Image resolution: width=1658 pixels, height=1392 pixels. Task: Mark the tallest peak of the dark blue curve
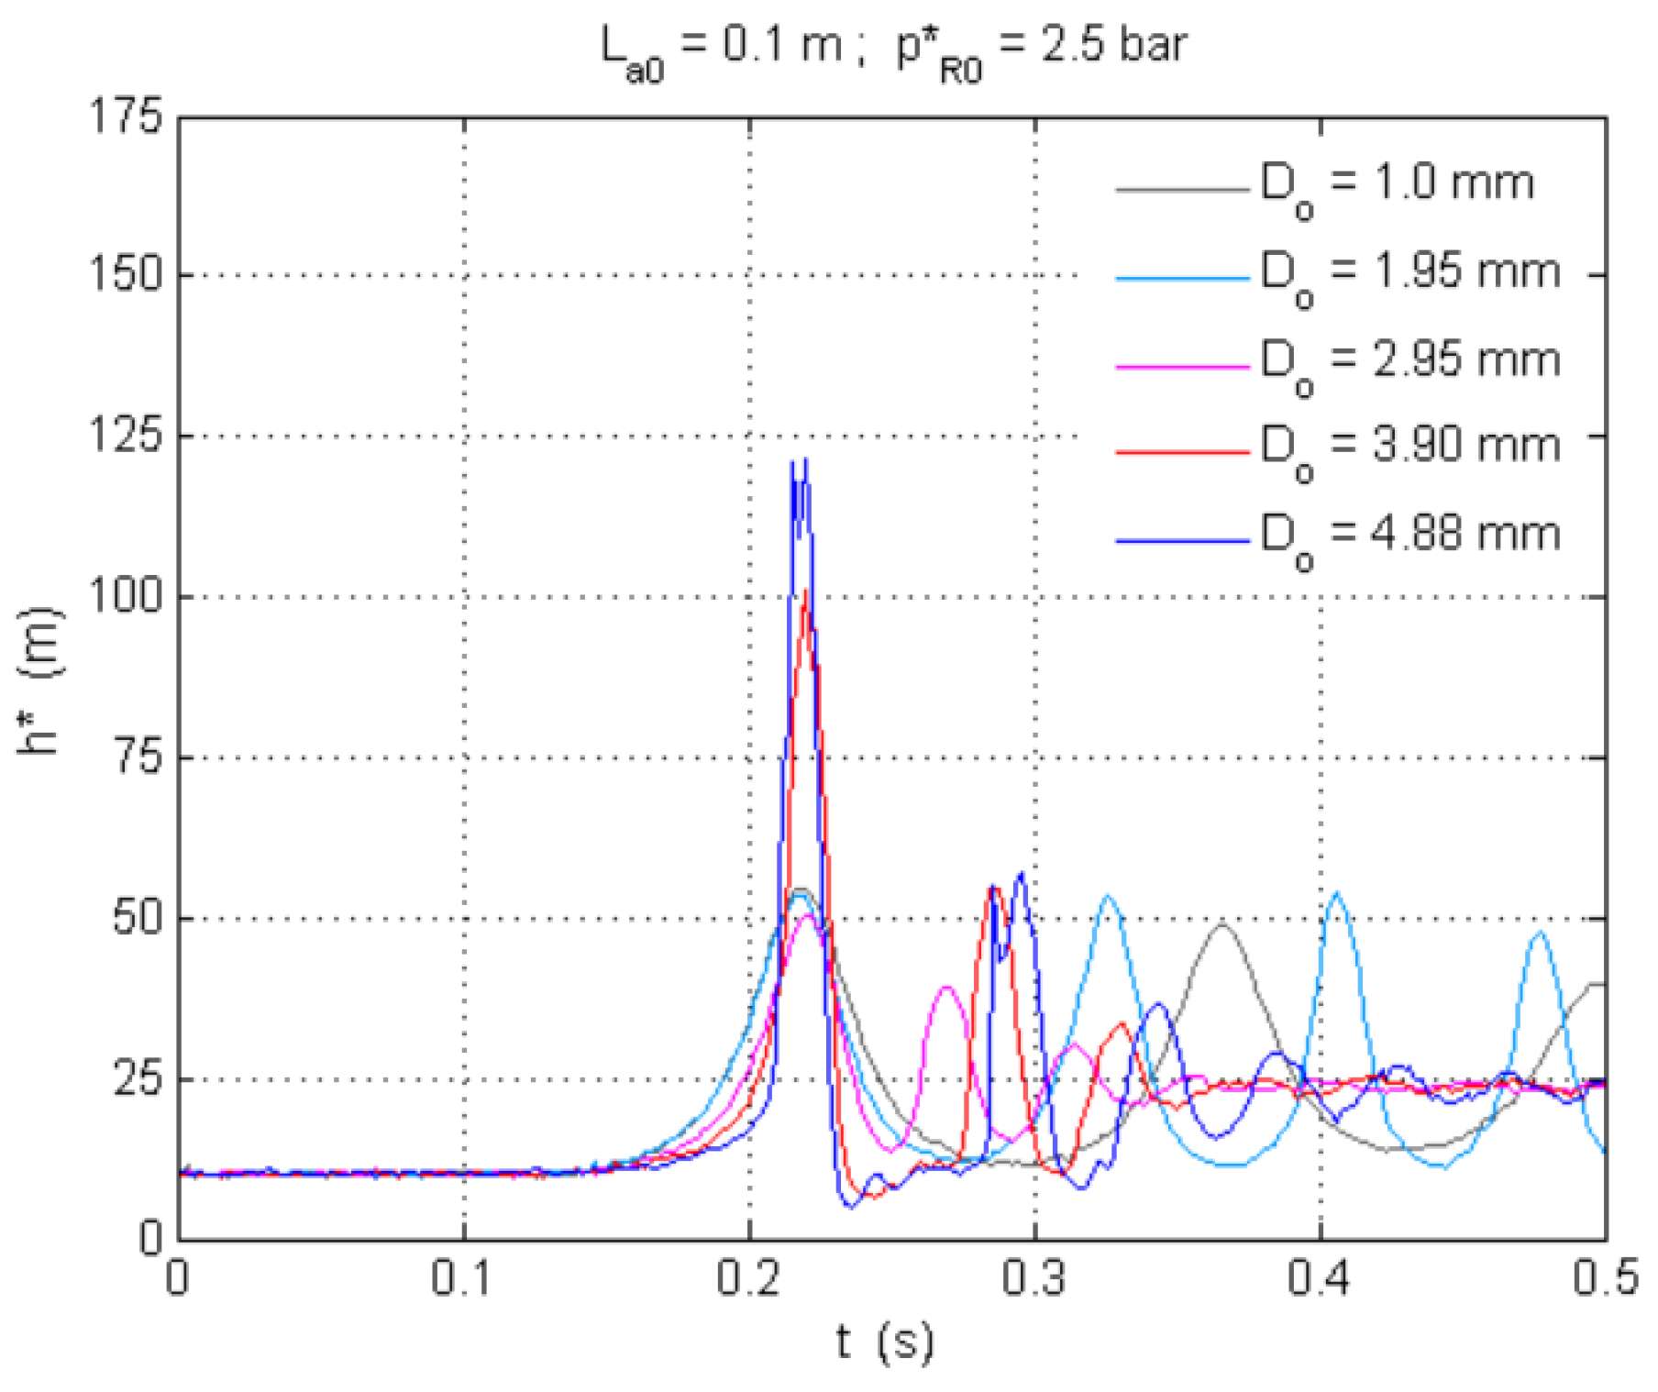click(x=805, y=459)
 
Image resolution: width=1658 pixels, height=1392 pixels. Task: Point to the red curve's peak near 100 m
click(x=805, y=591)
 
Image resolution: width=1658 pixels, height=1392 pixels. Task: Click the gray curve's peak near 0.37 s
click(x=1221, y=924)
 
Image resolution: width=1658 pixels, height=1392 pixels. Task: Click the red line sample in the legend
click(x=1182, y=452)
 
